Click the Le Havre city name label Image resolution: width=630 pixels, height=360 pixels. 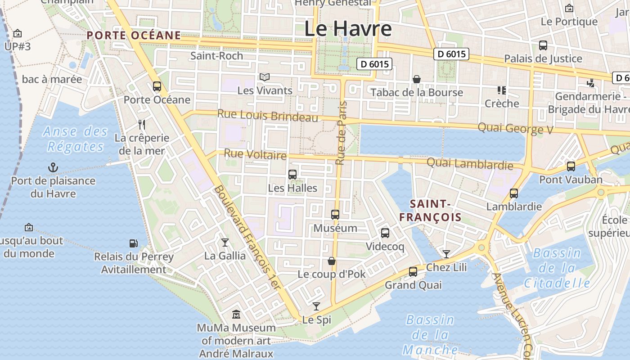click(x=348, y=29)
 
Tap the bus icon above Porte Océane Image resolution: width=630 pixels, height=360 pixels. click(x=157, y=86)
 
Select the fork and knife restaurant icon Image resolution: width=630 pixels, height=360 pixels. click(x=142, y=124)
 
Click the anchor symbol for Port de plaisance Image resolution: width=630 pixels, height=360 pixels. click(x=53, y=168)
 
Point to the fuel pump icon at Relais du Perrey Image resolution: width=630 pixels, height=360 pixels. click(x=134, y=243)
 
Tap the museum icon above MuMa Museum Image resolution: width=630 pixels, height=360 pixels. click(x=236, y=314)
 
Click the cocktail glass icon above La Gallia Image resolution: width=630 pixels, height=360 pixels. click(x=225, y=243)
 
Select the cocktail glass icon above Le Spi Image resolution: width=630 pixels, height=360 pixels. click(x=316, y=306)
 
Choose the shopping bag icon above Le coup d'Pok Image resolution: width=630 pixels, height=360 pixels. click(x=332, y=261)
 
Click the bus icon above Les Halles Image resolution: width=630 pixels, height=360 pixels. click(x=292, y=175)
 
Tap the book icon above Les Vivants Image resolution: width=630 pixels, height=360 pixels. click(x=265, y=77)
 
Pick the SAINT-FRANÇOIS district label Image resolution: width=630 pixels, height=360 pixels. click(x=430, y=211)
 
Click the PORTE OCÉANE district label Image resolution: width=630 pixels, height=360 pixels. click(x=134, y=35)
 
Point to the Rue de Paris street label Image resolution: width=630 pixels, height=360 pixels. click(x=342, y=133)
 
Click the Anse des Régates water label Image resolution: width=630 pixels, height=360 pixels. click(x=76, y=139)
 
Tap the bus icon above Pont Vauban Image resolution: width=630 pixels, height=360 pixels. click(x=571, y=166)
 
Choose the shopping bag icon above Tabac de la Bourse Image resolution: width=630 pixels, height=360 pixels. click(x=417, y=79)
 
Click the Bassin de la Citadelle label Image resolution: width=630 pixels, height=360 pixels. click(x=557, y=268)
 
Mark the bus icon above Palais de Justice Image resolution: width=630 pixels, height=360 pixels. click(x=543, y=45)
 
